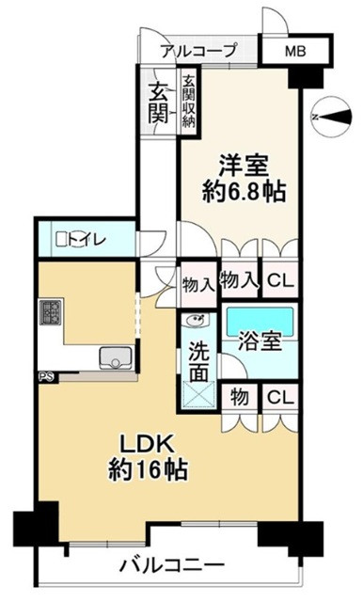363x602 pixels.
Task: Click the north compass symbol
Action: point(332,118)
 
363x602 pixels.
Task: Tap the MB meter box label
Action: point(295,51)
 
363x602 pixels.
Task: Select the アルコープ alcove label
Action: point(197,51)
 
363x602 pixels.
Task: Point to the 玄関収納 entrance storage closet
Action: point(189,102)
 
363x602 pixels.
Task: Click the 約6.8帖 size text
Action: point(244,192)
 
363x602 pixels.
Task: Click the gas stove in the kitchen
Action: point(50,312)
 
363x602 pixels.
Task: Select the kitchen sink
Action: point(117,357)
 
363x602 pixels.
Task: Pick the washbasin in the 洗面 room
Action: point(197,320)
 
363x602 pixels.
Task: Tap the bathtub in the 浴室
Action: point(260,321)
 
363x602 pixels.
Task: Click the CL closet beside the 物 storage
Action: point(280,398)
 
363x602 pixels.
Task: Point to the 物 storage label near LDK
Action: point(239,397)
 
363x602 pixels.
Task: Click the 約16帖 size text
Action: point(149,469)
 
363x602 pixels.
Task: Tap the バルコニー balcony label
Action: point(171,564)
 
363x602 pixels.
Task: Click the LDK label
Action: point(149,445)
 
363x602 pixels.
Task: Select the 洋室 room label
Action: point(244,166)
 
